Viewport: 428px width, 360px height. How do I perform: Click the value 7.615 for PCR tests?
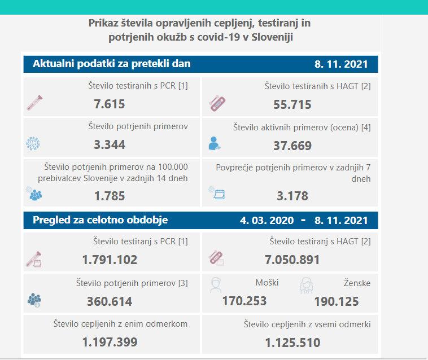point(110,104)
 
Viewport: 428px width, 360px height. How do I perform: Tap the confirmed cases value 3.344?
point(110,144)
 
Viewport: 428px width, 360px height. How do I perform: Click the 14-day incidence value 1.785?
point(110,196)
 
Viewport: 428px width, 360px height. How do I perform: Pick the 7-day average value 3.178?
point(292,196)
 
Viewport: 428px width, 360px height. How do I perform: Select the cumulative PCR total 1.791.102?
point(110,260)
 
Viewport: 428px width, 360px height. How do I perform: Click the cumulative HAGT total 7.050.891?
point(292,260)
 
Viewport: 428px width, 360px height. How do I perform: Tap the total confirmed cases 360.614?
point(110,301)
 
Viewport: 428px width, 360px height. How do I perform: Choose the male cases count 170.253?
point(244,301)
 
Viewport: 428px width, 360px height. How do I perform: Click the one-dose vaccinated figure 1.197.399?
point(110,342)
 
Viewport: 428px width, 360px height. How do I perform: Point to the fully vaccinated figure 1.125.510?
point(292,342)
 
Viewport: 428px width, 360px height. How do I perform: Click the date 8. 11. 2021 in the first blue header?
point(341,64)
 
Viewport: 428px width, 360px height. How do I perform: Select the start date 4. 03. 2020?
point(267,220)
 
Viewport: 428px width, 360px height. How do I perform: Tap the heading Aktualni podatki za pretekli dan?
point(112,64)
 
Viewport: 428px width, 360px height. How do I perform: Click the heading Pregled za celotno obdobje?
point(101,219)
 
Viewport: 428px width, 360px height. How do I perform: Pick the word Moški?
point(267,283)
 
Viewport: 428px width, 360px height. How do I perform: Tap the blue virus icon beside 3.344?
point(33,143)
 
